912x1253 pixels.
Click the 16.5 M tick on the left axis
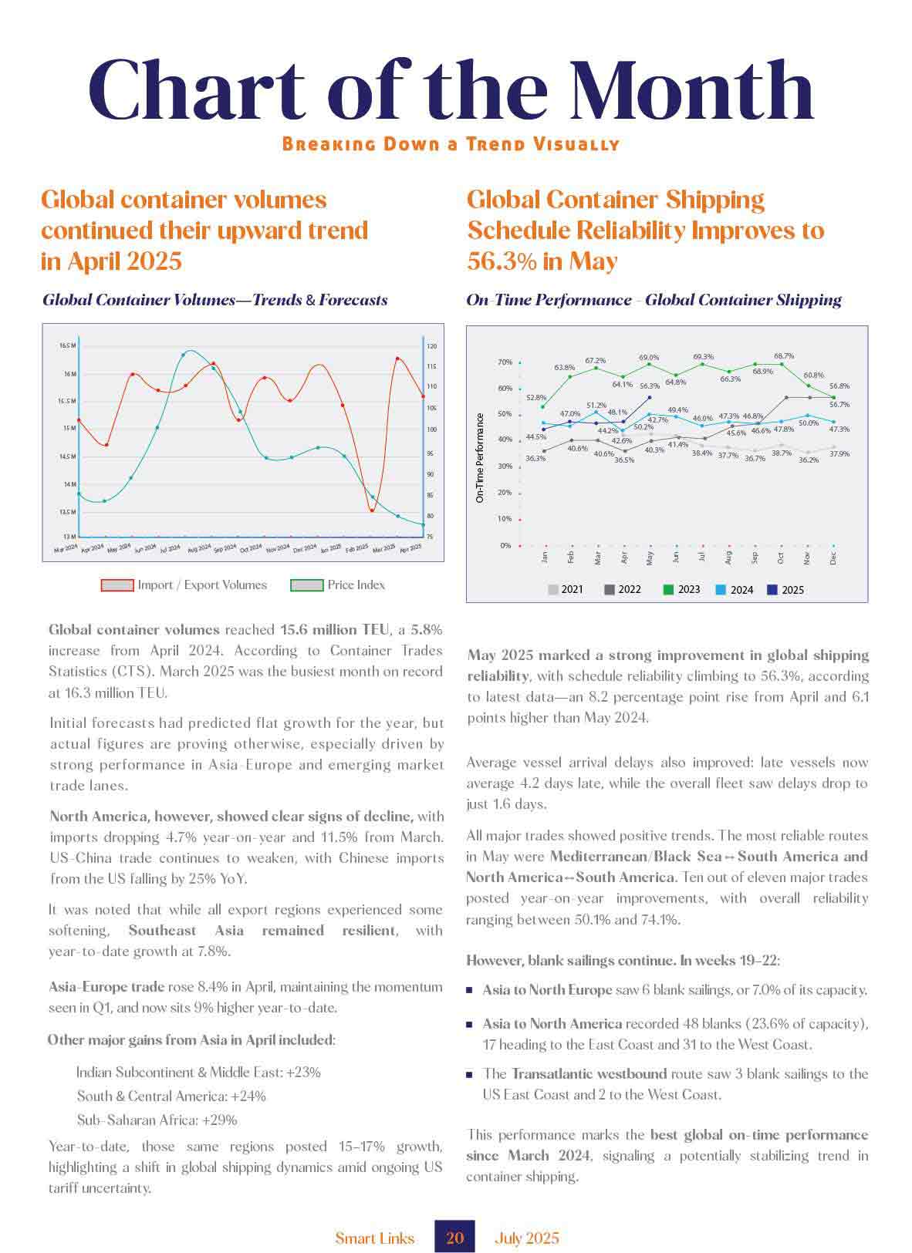pos(67,345)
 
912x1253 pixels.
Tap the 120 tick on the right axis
pos(431,347)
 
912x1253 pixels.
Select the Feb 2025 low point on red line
pos(371,510)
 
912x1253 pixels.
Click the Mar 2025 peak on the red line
pos(397,359)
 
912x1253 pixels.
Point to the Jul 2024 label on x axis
pos(170,549)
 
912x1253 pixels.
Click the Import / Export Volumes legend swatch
pos(117,585)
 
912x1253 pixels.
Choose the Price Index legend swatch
pos(306,585)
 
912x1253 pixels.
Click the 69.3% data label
pos(703,357)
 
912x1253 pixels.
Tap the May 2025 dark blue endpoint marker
pos(650,397)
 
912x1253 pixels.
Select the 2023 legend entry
pos(681,590)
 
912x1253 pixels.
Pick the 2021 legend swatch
pos(553,590)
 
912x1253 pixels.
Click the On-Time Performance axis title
pos(480,458)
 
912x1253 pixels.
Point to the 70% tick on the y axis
pos(505,362)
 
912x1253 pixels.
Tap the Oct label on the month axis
pos(781,557)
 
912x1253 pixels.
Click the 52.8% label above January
pos(535,398)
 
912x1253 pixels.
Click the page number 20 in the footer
pos(454,1238)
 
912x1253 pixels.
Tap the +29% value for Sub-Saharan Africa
pos(219,1120)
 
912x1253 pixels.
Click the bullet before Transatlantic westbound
pos(469,1074)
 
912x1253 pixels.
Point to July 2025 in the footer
pos(527,1238)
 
